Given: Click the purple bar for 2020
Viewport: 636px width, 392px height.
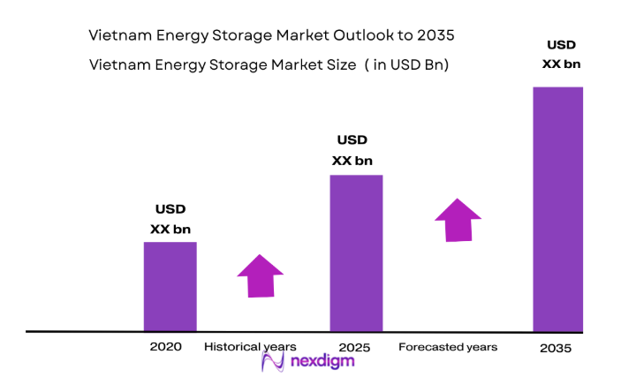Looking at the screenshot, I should pos(170,286).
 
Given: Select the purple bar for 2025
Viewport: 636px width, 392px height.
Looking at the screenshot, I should pos(356,253).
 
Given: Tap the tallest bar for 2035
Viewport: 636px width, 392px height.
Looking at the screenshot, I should pos(557,209).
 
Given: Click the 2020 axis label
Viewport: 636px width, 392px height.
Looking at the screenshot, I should pos(165,347).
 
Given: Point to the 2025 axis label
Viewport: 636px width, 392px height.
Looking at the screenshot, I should pos(353,347).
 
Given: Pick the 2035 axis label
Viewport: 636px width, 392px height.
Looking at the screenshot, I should pos(556,348).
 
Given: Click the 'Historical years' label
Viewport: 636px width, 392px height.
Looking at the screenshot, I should pos(250,347).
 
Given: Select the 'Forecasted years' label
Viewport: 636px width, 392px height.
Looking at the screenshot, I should pos(448,347).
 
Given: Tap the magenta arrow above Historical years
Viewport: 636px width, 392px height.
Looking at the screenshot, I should pos(260,276).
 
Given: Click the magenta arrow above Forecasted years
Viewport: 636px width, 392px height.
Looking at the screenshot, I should pos(458,220).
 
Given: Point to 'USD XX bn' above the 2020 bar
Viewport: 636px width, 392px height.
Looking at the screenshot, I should pos(170,219).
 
